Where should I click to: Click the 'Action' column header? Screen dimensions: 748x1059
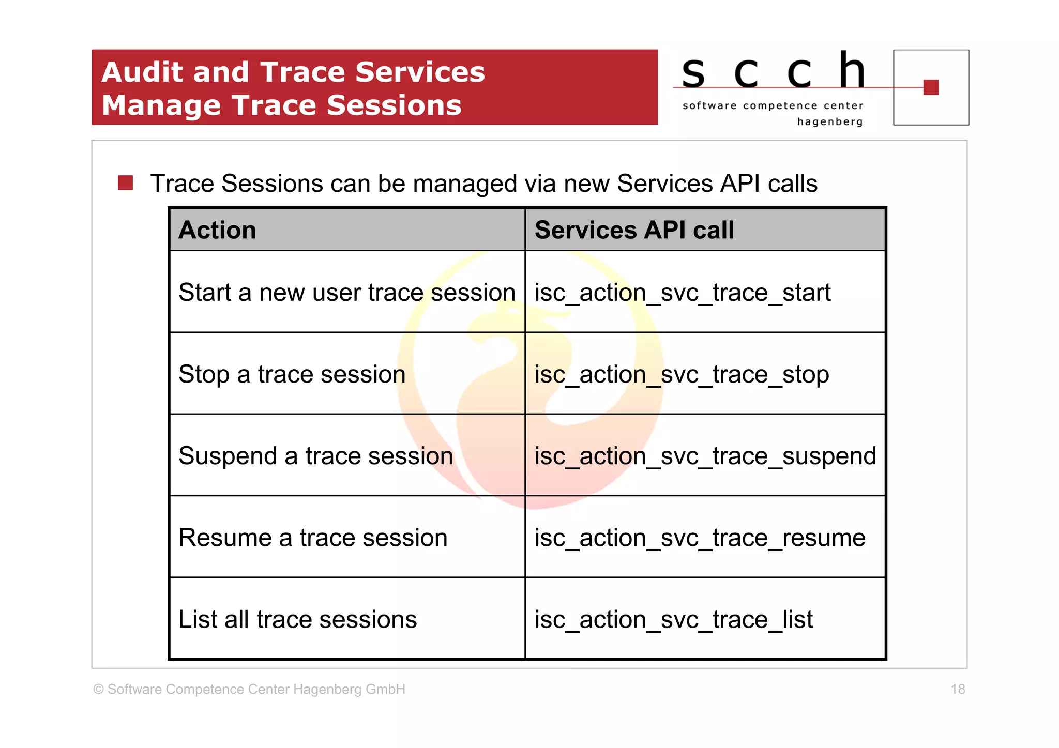click(x=217, y=230)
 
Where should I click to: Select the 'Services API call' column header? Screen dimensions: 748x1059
click(x=634, y=230)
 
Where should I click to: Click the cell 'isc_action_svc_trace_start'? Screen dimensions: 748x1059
click(x=683, y=293)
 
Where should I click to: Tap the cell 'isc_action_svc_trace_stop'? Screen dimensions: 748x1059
click(x=682, y=374)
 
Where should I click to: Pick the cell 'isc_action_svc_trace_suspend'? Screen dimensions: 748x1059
click(x=705, y=456)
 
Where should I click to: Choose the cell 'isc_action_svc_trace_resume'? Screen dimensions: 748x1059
click(x=700, y=538)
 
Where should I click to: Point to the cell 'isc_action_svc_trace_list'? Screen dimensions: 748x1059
click(x=674, y=619)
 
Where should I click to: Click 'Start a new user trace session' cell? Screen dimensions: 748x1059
click(x=347, y=293)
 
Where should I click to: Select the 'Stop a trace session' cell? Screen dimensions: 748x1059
click(x=292, y=374)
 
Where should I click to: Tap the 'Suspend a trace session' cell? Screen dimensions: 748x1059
click(x=315, y=456)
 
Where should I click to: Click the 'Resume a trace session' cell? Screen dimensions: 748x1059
click(x=313, y=538)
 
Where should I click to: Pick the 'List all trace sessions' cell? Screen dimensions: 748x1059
click(x=297, y=619)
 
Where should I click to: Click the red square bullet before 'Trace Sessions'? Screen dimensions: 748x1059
click(x=126, y=183)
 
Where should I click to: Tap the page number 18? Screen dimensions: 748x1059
click(x=958, y=689)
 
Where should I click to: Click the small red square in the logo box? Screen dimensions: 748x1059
click(x=931, y=87)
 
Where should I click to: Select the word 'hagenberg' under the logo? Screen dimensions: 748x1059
click(x=829, y=122)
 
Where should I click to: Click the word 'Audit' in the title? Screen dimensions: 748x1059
click(x=142, y=72)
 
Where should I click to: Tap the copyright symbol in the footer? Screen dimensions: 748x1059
click(x=98, y=690)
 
